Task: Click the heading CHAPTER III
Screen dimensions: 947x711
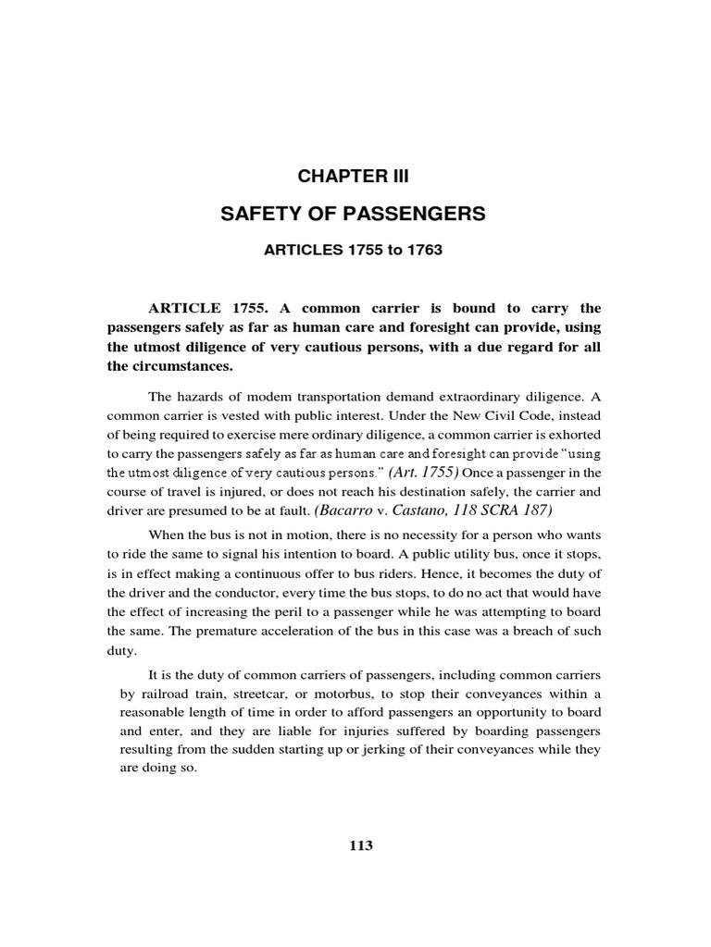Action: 352,177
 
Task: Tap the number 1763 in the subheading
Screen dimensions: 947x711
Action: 408,251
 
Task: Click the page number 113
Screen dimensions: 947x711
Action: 360,845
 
